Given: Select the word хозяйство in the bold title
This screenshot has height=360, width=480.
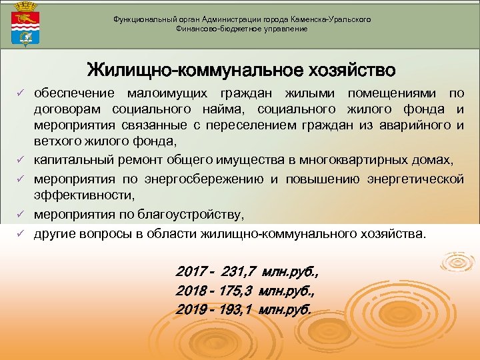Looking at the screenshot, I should pyautogui.click(x=347, y=70).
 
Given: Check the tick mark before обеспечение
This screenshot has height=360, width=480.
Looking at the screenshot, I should pyautogui.click(x=21, y=93).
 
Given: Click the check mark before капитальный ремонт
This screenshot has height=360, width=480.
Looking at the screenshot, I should pyautogui.click(x=21, y=161).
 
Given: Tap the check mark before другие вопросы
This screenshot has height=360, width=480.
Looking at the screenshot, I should pyautogui.click(x=21, y=235).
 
